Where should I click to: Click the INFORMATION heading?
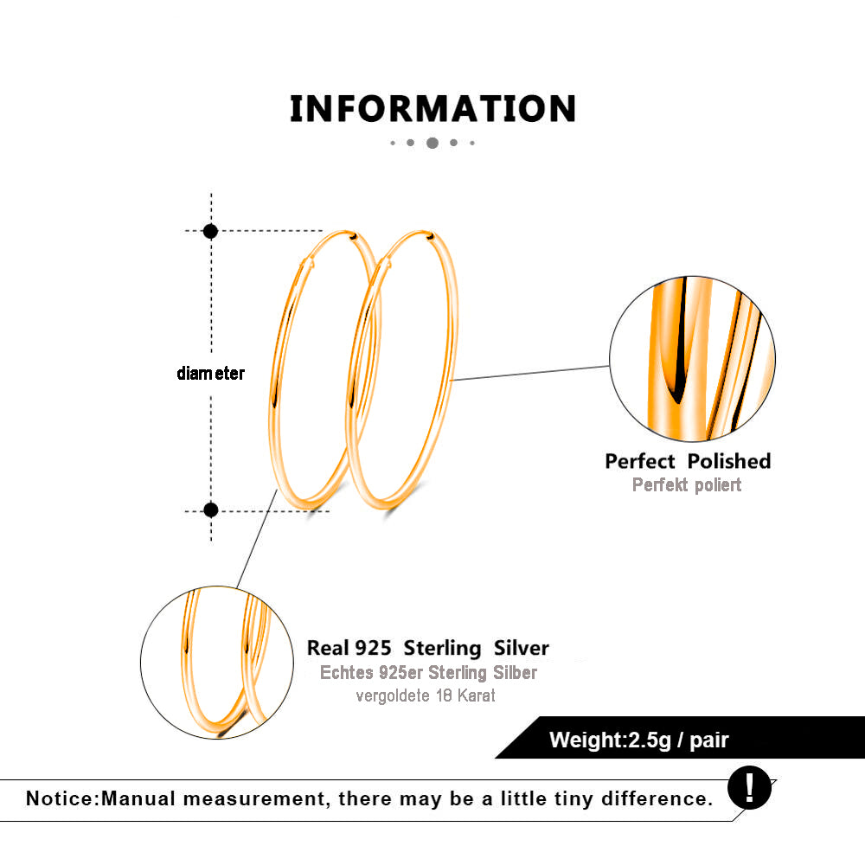pyautogui.click(x=433, y=109)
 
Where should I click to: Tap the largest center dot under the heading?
pyautogui.click(x=432, y=143)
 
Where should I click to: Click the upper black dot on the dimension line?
pyautogui.click(x=210, y=231)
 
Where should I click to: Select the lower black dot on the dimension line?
pyautogui.click(x=211, y=509)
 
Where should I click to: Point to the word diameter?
pyautogui.click(x=211, y=374)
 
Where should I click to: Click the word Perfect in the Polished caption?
pyautogui.click(x=640, y=461)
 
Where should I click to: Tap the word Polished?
pyautogui.click(x=729, y=461)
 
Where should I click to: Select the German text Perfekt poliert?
pyautogui.click(x=687, y=485)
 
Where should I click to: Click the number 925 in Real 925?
pyautogui.click(x=373, y=648)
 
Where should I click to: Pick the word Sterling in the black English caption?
pyautogui.click(x=442, y=648)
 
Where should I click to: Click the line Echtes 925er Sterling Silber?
pyautogui.click(x=429, y=672)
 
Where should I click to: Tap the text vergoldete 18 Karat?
pyautogui.click(x=426, y=695)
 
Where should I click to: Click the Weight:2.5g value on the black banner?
pyautogui.click(x=611, y=740)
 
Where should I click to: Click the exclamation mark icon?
pyautogui.click(x=749, y=788)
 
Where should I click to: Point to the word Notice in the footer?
pyautogui.click(x=61, y=798)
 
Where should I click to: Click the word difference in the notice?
pyautogui.click(x=657, y=798)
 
